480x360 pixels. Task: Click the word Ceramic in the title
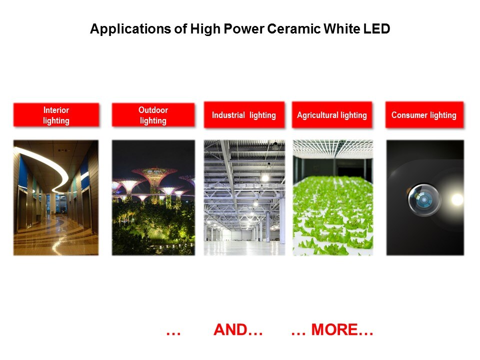click(293, 29)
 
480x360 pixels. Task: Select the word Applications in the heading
click(130, 29)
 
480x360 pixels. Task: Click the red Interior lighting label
click(56, 115)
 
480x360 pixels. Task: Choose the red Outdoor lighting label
click(153, 115)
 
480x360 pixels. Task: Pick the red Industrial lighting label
click(244, 115)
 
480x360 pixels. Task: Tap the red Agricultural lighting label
click(332, 115)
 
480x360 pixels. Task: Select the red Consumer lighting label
click(424, 115)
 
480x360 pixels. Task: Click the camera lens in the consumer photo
click(424, 199)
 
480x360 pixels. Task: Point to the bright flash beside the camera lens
click(457, 199)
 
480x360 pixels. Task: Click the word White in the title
click(341, 29)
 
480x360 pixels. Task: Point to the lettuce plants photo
click(333, 198)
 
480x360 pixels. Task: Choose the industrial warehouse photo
click(244, 198)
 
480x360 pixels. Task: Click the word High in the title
click(205, 29)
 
